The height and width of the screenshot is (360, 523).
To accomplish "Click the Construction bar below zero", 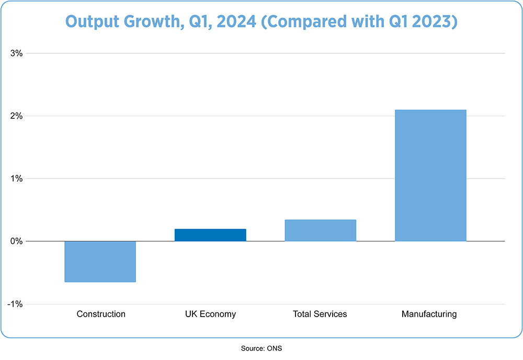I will pyautogui.click(x=100, y=261).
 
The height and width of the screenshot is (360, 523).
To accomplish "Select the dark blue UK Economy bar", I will pyautogui.click(x=210, y=235).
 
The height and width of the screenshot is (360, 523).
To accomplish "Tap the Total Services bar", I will pyautogui.click(x=320, y=230).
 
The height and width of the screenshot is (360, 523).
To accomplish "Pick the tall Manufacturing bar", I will pyautogui.click(x=430, y=175).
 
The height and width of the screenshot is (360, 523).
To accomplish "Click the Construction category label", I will pyautogui.click(x=101, y=314).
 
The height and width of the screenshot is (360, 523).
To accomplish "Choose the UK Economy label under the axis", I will pyautogui.click(x=210, y=314).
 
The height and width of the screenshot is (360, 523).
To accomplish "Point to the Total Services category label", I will pyautogui.click(x=320, y=314).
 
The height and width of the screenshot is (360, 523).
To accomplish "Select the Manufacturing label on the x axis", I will pyautogui.click(x=429, y=314).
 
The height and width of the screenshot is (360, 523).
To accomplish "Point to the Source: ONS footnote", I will pyautogui.click(x=261, y=347).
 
